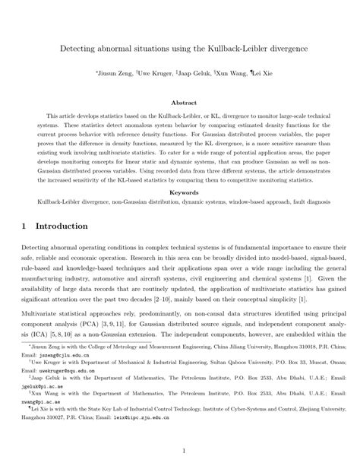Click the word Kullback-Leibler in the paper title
pyautogui.click(x=234, y=47)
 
